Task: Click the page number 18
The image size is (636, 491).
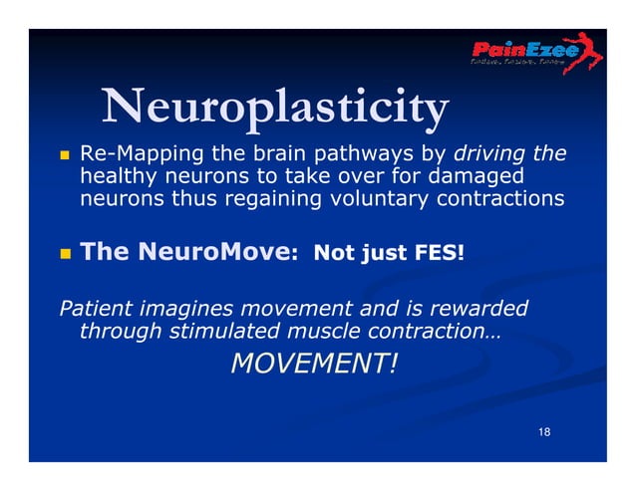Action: tap(543, 431)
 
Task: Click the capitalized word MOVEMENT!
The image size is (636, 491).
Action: tap(313, 365)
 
